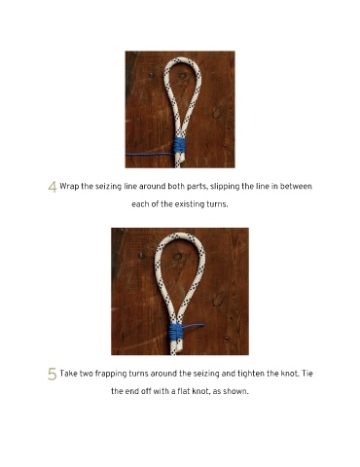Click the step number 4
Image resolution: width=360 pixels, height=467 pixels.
tap(53, 187)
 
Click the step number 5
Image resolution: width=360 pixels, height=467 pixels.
tap(53, 374)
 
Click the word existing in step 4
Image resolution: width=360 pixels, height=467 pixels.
tap(190, 204)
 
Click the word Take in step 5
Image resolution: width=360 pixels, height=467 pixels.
tap(68, 374)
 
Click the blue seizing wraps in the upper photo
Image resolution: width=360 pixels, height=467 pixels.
tap(179, 145)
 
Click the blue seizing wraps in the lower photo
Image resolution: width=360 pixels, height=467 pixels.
tap(176, 332)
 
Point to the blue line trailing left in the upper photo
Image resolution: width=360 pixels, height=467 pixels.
tap(150, 154)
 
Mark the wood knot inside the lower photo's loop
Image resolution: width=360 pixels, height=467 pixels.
tap(177, 257)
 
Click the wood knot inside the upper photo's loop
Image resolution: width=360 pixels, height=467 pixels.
tap(183, 76)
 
